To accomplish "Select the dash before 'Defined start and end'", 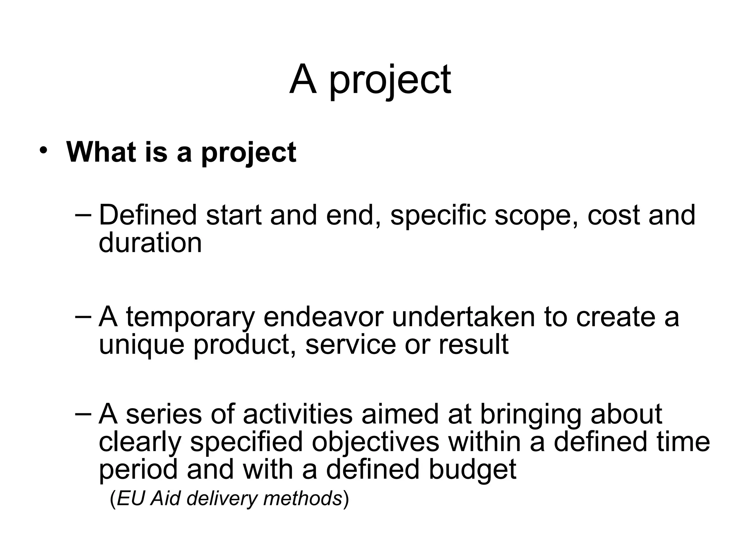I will click(x=84, y=215).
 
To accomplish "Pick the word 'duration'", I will click(x=150, y=243).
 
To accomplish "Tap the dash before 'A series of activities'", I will click(x=84, y=414).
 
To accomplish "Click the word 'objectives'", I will click(x=375, y=442).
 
